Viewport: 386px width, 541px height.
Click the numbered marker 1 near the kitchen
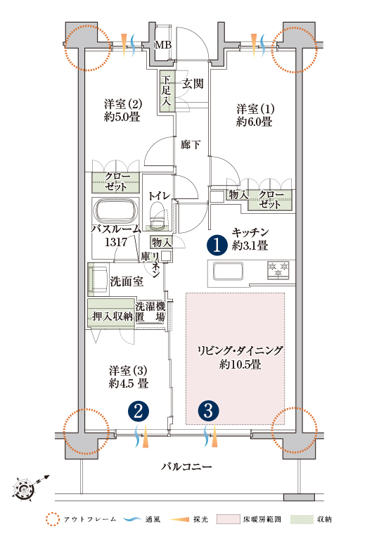pyautogui.click(x=217, y=245)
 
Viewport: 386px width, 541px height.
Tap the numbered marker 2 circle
pyautogui.click(x=139, y=412)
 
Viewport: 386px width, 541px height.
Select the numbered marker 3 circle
pyautogui.click(x=208, y=412)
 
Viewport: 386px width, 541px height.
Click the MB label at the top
pyautogui.click(x=163, y=44)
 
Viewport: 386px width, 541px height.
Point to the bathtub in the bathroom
pyautogui.click(x=115, y=211)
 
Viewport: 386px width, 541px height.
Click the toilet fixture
pyautogui.click(x=158, y=217)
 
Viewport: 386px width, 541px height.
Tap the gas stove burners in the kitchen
pyautogui.click(x=278, y=269)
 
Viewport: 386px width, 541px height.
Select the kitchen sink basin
pyautogui.click(x=228, y=271)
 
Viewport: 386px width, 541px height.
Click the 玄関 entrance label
pyautogui.click(x=193, y=83)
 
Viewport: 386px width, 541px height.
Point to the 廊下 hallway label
pyautogui.click(x=191, y=144)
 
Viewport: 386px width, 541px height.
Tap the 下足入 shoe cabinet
pyautogui.click(x=167, y=91)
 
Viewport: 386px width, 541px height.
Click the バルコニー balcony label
pyautogui.click(x=186, y=467)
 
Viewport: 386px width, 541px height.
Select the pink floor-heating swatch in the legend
pyautogui.click(x=228, y=519)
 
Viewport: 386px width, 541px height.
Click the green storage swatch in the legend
pyautogui.click(x=302, y=519)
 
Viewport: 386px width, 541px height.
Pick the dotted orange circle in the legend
pyautogui.click(x=53, y=519)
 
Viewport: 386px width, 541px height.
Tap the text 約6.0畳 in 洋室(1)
pyautogui.click(x=255, y=122)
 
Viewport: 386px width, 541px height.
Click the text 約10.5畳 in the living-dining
pyautogui.click(x=240, y=364)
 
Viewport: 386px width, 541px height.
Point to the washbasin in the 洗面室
pyautogui.click(x=99, y=279)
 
